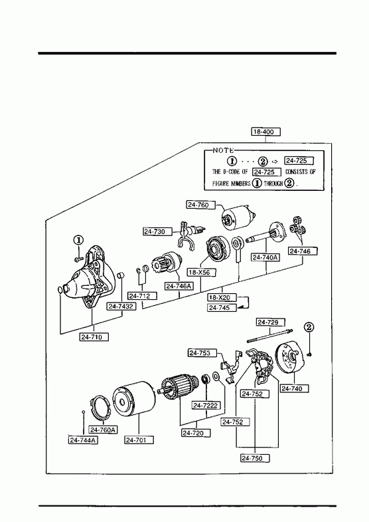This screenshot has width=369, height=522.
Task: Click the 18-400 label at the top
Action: pyautogui.click(x=265, y=132)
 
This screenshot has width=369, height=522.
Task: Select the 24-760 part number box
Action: pyautogui.click(x=200, y=205)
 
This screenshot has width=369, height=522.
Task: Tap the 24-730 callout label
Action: pyautogui.click(x=158, y=231)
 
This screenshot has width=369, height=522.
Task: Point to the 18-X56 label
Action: pyautogui.click(x=202, y=273)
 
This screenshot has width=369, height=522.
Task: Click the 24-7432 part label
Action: pyautogui.click(x=121, y=307)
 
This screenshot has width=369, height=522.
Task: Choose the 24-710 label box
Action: pyautogui.click(x=94, y=337)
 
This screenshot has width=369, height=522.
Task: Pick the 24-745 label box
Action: pyautogui.click(x=222, y=308)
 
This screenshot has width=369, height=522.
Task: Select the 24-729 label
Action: pyautogui.click(x=271, y=323)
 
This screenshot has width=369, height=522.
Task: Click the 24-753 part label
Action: pyautogui.click(x=202, y=353)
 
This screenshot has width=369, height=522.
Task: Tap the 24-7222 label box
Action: pyautogui.click(x=206, y=405)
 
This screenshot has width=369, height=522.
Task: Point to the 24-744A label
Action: pyautogui.click(x=83, y=440)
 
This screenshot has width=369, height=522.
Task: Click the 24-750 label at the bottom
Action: pyautogui.click(x=255, y=458)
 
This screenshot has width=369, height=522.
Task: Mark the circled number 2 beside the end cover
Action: pyautogui.click(x=309, y=327)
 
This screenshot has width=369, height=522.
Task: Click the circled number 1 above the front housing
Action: pyautogui.click(x=78, y=239)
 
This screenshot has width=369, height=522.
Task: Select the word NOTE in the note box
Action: pyautogui.click(x=223, y=150)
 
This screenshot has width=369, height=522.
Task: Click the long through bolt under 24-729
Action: pyautogui.click(x=269, y=336)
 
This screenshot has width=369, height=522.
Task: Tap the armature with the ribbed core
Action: pyautogui.click(x=179, y=386)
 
